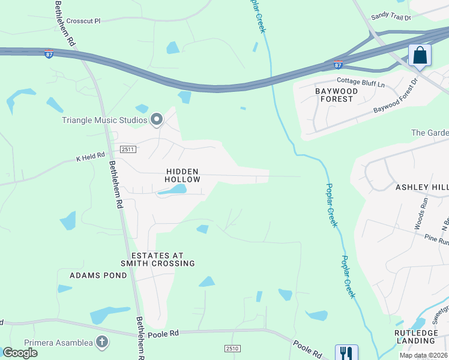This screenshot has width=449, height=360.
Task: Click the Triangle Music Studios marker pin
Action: coord(157,120)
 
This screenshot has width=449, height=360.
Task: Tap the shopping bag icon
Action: coord(420,56)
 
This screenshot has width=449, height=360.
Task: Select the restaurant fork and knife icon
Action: coord(346,352)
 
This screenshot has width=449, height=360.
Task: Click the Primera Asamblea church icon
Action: coord(102,343)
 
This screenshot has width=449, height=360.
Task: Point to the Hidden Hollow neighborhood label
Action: coord(182,175)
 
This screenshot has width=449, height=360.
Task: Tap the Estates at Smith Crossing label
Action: coord(158,259)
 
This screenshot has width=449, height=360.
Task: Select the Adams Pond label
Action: coord(98,275)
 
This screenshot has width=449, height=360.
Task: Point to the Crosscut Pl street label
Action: coord(83,20)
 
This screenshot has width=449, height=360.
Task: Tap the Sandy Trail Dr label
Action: coord(391,17)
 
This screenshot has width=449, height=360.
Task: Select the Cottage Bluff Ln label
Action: coord(361,83)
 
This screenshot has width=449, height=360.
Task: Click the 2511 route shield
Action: coord(128,149)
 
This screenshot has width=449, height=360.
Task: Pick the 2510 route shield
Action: coord(232,349)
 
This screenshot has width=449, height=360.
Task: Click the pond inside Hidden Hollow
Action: coord(172,190)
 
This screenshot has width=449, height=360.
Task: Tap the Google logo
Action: coord(20,353)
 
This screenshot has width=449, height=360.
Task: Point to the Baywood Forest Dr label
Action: coord(395,98)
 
